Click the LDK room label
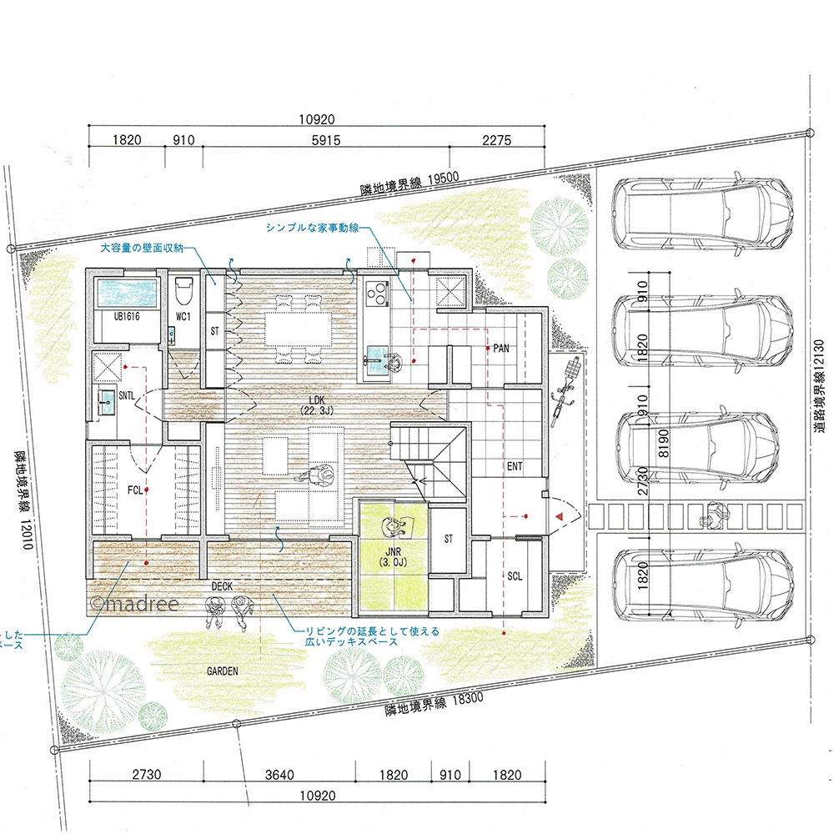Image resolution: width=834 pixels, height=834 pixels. [x=316, y=404]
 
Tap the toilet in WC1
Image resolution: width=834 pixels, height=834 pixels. [x=183, y=290]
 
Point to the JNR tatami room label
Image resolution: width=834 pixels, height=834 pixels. [x=393, y=557]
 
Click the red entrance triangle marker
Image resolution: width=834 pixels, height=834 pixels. [x=559, y=516]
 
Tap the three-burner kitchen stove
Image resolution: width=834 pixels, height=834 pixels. [x=377, y=293]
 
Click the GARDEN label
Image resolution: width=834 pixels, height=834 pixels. [x=223, y=671]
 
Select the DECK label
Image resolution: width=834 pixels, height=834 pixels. [x=222, y=586]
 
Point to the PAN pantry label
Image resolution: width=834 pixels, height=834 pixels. [x=501, y=349]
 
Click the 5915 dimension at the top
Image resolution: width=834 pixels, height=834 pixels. [x=325, y=140]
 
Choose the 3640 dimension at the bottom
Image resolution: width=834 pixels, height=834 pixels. [x=279, y=775]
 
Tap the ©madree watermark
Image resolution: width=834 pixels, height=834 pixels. [x=134, y=604]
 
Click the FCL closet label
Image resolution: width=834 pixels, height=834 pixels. [x=135, y=490]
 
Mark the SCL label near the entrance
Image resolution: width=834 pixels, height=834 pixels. [x=515, y=576]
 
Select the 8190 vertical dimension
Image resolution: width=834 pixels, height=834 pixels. [x=663, y=444]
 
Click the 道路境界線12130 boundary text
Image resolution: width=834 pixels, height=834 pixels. [x=820, y=385]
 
